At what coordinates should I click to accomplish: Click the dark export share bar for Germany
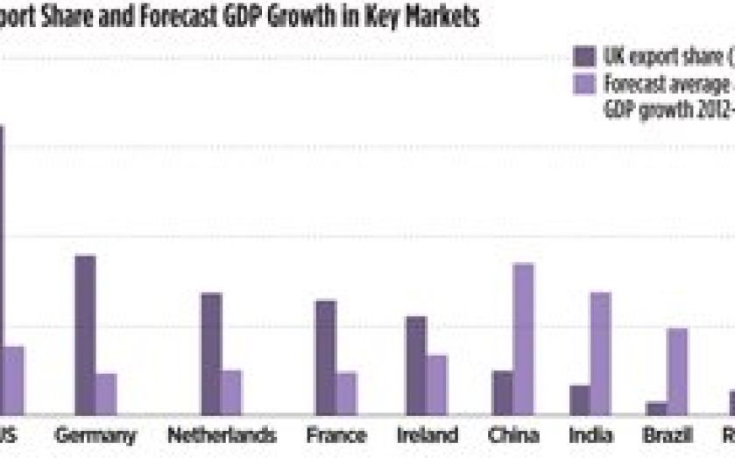coord(85,334)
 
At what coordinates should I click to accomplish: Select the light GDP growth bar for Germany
coord(106,393)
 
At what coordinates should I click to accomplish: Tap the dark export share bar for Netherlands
coord(211,353)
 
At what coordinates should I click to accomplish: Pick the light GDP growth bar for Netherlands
coord(231,391)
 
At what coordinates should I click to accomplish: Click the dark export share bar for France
coord(325,356)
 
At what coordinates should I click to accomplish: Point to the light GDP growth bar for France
coord(346,392)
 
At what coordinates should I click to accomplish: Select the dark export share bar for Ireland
coord(415,364)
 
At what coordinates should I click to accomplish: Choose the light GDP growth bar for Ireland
coord(435,384)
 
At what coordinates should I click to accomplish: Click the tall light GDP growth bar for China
coord(523,338)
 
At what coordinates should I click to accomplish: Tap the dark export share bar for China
coord(502,391)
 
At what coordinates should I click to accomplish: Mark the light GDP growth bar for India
coord(600,353)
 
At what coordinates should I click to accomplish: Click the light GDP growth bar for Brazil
coord(678,370)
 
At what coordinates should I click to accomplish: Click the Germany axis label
coord(95,435)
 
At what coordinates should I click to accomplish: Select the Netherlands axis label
coord(222,435)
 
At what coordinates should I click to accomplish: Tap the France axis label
coord(336,435)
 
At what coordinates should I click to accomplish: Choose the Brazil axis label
coord(668,435)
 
